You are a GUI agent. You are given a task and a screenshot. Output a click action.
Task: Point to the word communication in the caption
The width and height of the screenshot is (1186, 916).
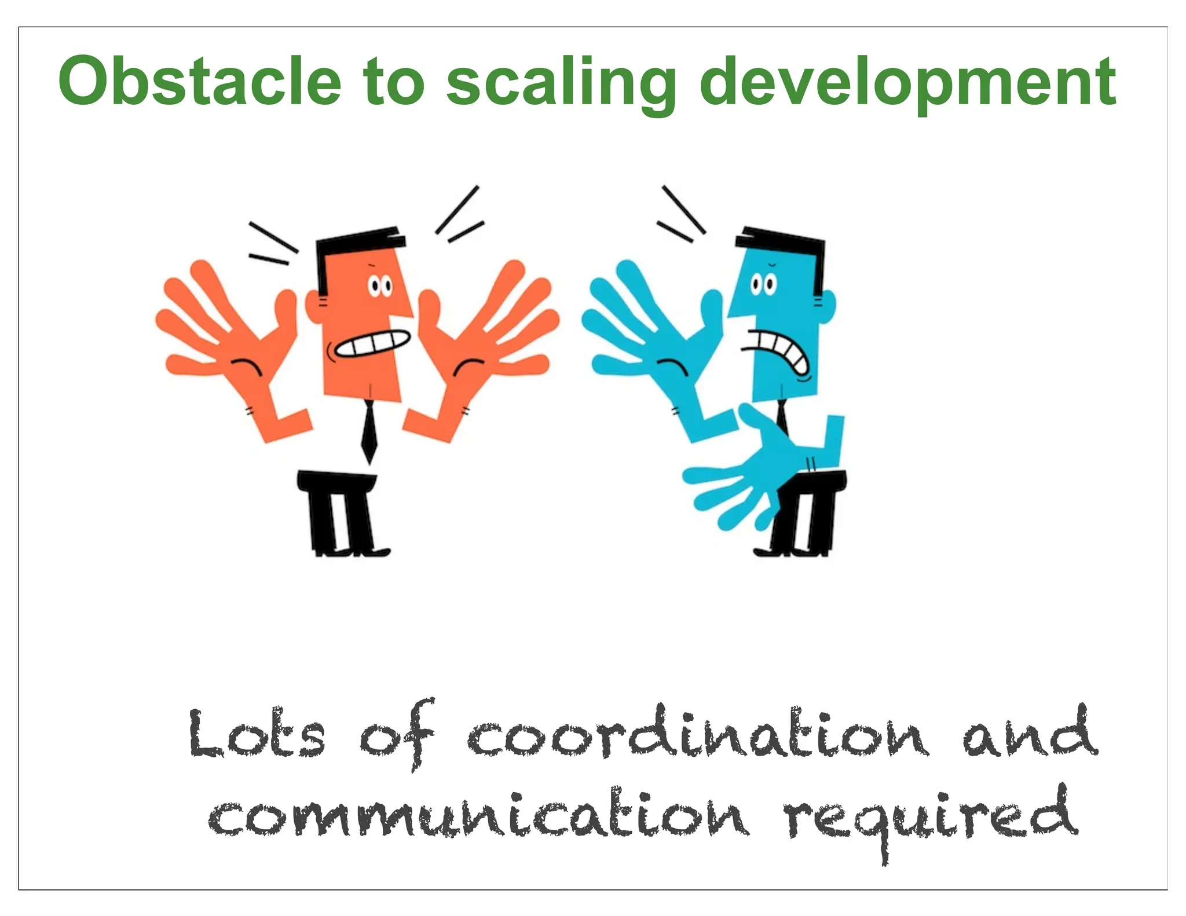(x=478, y=815)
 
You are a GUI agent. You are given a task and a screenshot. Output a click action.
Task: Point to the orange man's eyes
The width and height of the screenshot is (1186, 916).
(x=380, y=286)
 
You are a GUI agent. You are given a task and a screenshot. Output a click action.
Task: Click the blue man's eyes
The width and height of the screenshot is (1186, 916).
(x=763, y=285)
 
